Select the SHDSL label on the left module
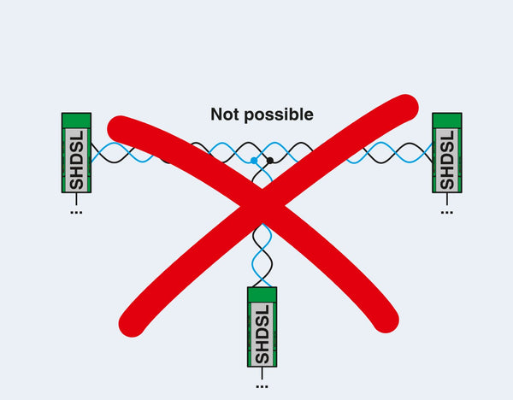click(77, 160)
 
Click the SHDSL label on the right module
click(446, 160)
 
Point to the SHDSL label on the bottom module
click(262, 332)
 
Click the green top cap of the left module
click(76, 121)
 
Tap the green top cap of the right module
click(446, 121)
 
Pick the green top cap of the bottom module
click(262, 295)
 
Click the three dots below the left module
click(76, 211)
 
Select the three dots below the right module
click(446, 211)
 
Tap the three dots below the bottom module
click(262, 385)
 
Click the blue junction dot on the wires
click(254, 161)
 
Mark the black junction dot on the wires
click(270, 160)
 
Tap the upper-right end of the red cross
click(406, 108)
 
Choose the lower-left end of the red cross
click(133, 322)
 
